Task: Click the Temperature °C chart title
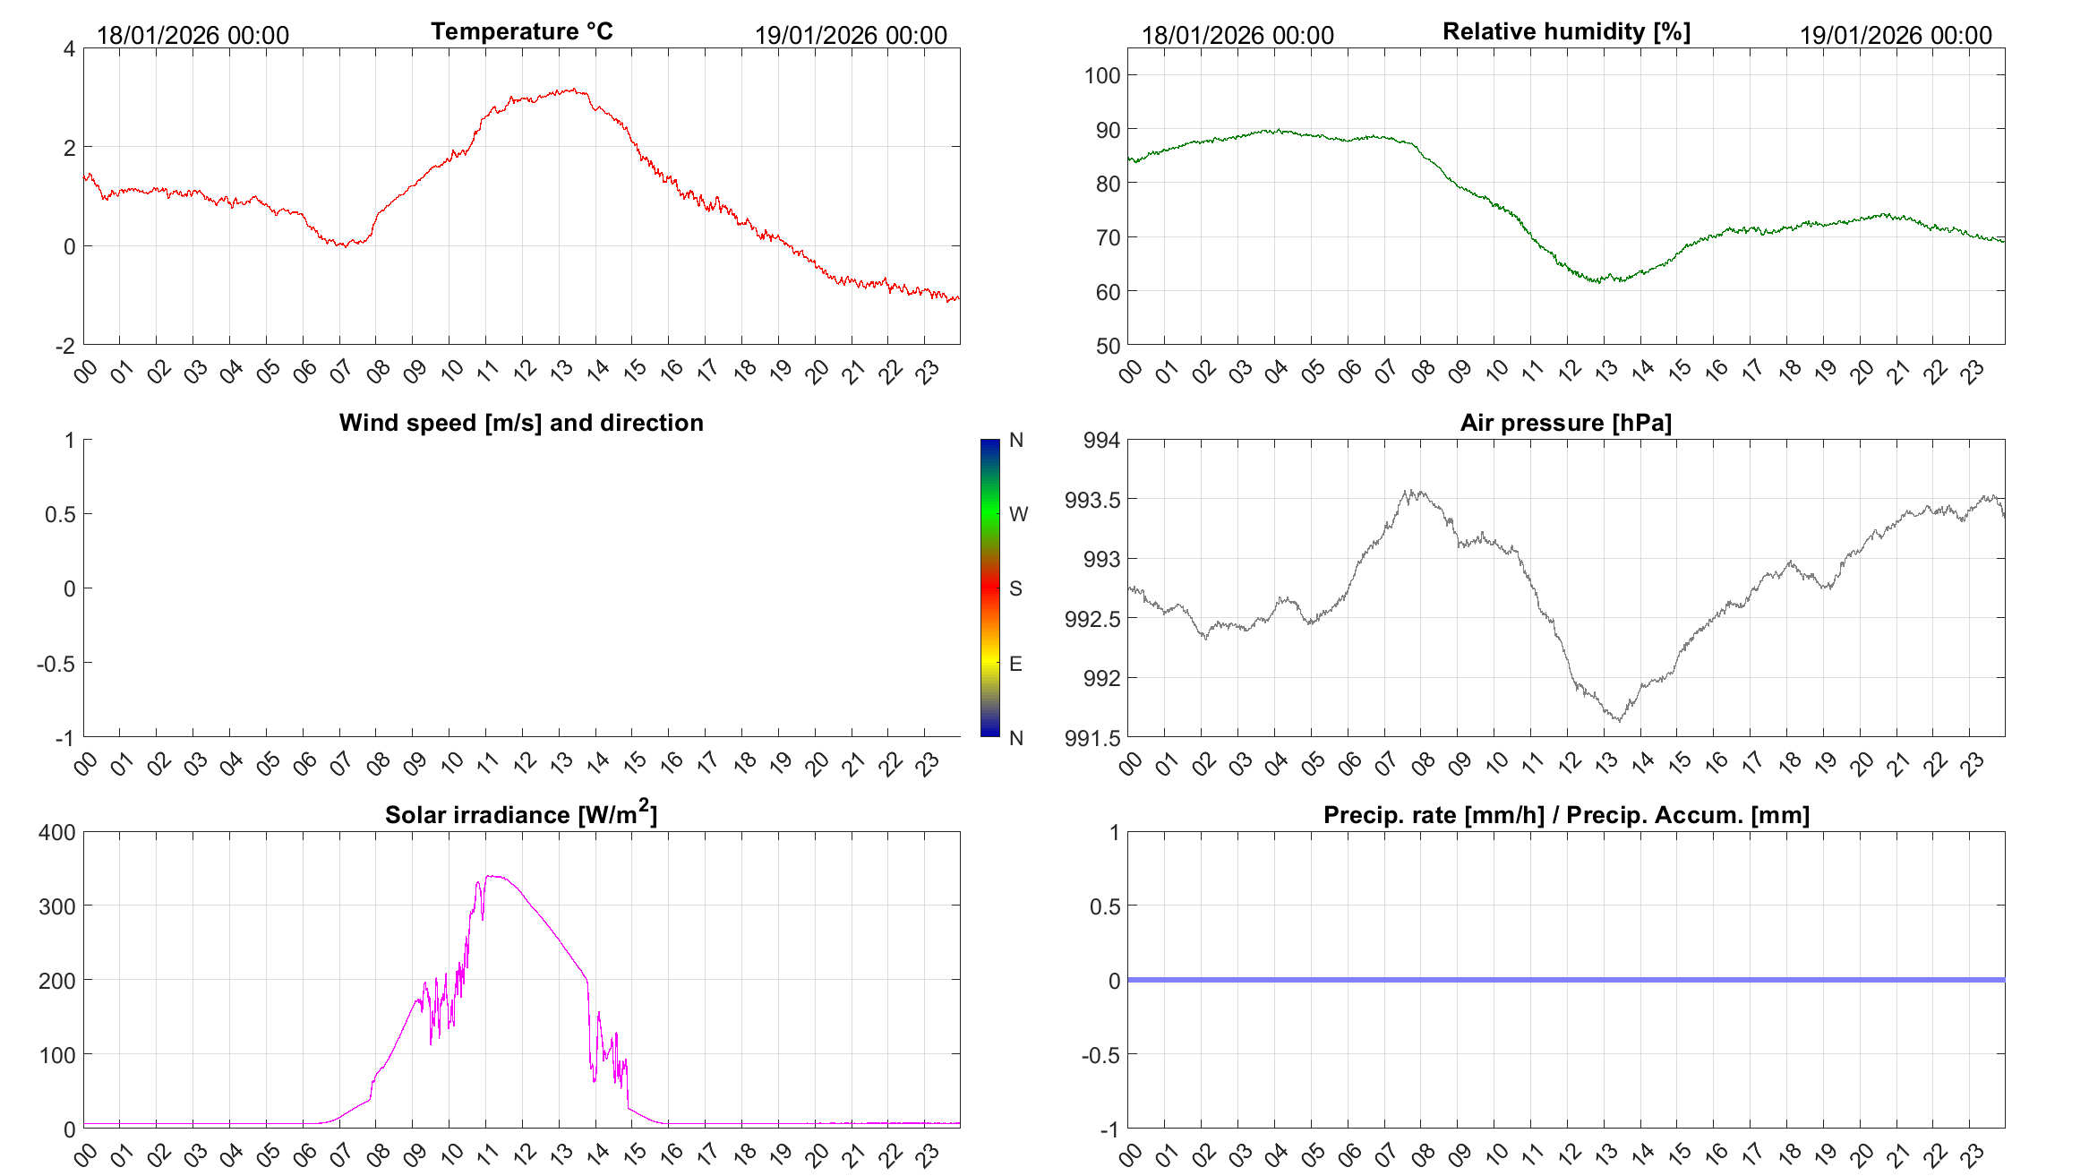[521, 31]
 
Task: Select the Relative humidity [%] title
[1566, 31]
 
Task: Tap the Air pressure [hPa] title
[1565, 423]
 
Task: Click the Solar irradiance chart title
[521, 814]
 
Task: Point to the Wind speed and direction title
[521, 423]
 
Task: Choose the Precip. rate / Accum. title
[1566, 815]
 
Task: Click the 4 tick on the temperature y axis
[69, 48]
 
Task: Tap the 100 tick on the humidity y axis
[1101, 75]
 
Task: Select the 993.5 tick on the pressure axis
[1092, 500]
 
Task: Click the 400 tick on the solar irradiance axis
[57, 832]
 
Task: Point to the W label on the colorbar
[1018, 514]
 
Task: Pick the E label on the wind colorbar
[1015, 664]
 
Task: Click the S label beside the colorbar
[1015, 588]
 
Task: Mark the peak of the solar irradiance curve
[492, 876]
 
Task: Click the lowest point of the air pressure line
[1618, 720]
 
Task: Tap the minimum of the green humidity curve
[1598, 282]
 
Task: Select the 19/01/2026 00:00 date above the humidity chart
[1896, 35]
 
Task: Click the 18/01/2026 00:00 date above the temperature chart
[193, 35]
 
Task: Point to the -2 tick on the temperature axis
[65, 346]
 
